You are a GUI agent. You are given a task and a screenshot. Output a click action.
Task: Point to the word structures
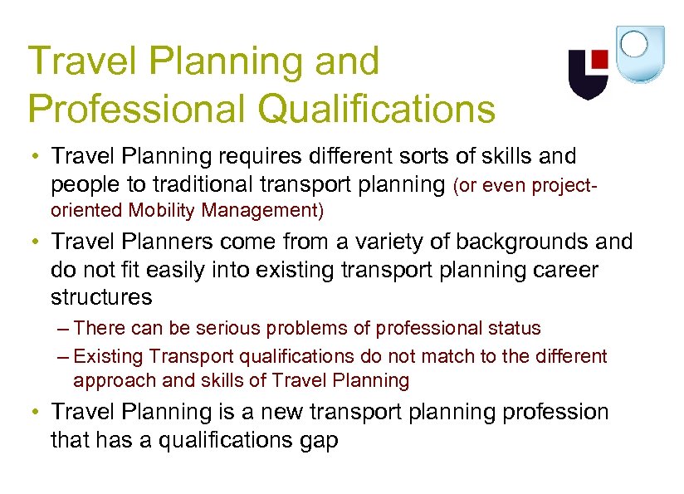coord(101,297)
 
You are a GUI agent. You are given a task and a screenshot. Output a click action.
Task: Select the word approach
coord(107,381)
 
